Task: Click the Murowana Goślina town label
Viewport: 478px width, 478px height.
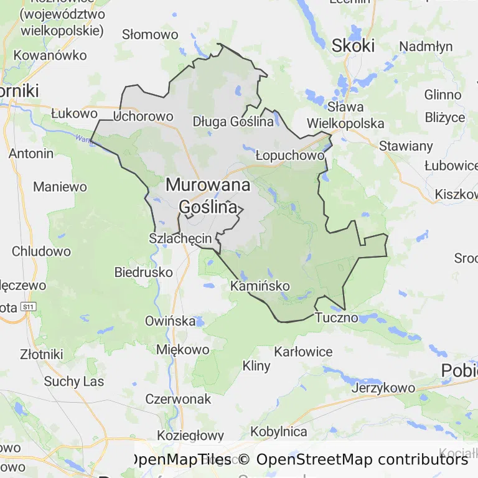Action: click(208, 195)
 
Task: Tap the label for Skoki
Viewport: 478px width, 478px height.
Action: click(354, 45)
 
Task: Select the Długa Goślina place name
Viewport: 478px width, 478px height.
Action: click(233, 121)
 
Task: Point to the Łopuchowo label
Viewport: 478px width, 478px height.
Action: click(290, 155)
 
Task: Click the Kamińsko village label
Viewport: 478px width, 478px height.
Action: click(260, 286)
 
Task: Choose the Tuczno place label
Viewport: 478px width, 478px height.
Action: click(337, 317)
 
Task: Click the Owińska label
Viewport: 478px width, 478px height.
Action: click(169, 321)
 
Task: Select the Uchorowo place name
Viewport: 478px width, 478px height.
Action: click(144, 116)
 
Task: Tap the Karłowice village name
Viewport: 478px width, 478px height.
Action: click(303, 352)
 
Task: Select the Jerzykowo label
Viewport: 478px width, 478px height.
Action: click(383, 388)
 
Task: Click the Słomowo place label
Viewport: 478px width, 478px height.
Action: click(150, 34)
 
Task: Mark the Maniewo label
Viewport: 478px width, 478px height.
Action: click(60, 186)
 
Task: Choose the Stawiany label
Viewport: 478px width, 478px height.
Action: click(406, 146)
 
